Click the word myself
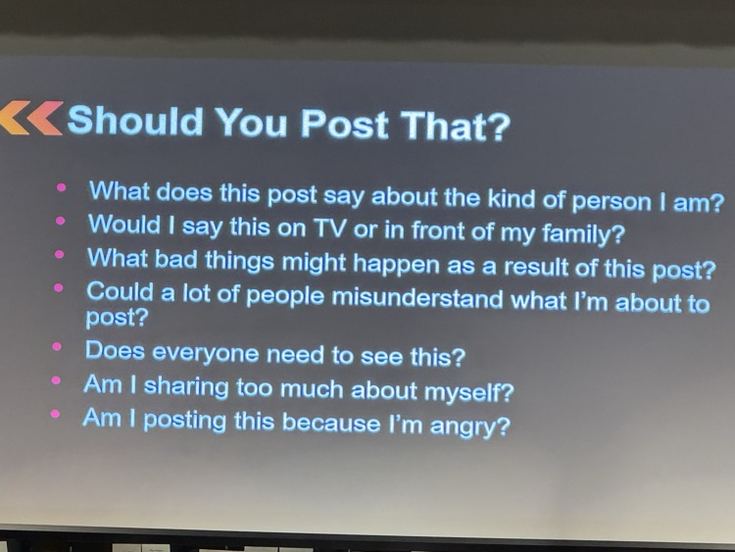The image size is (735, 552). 467,393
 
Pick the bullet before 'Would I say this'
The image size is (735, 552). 61,221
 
